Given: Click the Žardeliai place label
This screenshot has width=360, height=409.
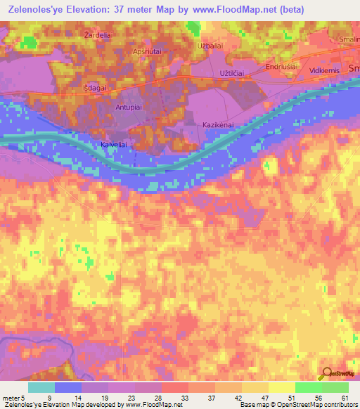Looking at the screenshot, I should pos(98,34).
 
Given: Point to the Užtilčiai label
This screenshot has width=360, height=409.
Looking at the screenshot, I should pos(235,73).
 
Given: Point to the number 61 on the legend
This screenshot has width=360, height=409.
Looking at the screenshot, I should pos(345,397).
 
